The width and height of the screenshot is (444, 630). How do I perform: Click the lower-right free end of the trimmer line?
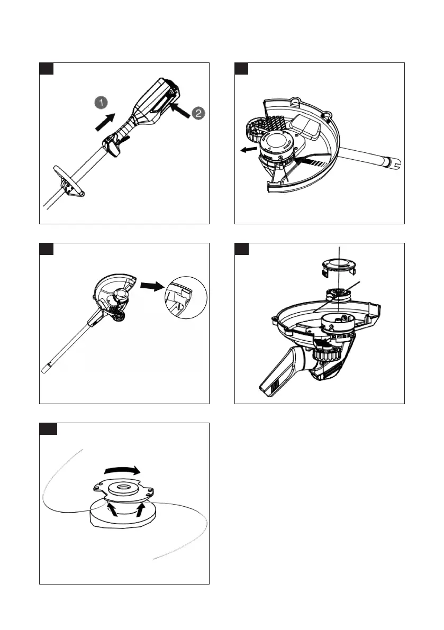pyautogui.click(x=155, y=557)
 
